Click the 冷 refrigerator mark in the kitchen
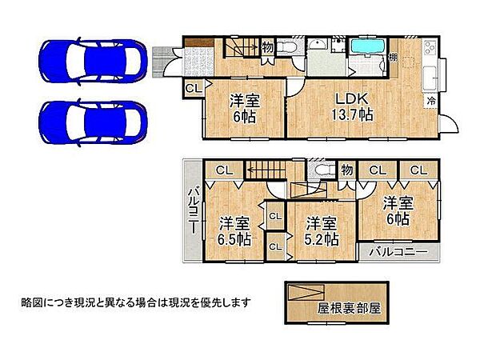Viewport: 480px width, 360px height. [431, 102]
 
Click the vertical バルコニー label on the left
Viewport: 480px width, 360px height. [193, 210]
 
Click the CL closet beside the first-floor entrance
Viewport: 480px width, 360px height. [193, 88]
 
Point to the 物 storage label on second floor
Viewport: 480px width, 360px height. [346, 170]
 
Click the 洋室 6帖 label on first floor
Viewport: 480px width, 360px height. [246, 107]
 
